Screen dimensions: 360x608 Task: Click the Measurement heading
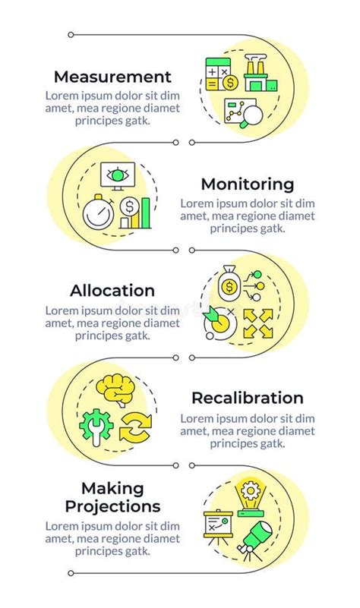tap(112, 77)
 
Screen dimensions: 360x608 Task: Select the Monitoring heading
tap(248, 184)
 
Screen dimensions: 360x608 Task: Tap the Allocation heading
tap(112, 291)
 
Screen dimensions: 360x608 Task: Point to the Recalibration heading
tap(248, 399)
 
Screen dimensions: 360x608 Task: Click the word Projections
tap(112, 506)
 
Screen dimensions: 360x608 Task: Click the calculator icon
tap(218, 74)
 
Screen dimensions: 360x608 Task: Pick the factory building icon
tap(261, 73)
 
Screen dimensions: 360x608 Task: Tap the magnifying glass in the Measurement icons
tap(250, 118)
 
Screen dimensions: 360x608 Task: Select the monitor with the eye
tap(118, 176)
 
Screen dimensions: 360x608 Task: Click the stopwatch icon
tap(99, 213)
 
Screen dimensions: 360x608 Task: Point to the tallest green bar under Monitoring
tap(146, 213)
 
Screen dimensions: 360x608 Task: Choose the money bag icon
tap(229, 283)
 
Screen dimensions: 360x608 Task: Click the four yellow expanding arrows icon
tap(258, 323)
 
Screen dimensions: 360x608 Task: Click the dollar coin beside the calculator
tap(231, 83)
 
